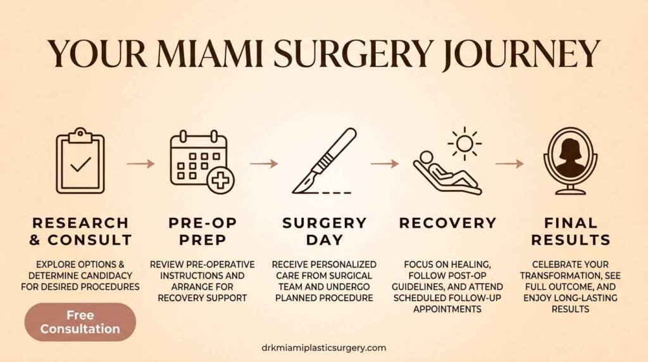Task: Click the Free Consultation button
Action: tap(80, 322)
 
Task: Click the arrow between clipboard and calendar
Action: tap(140, 163)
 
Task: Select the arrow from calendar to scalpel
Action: tap(263, 163)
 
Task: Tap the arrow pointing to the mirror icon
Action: tap(509, 163)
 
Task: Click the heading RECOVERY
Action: tap(447, 223)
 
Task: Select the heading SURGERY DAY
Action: tap(324, 232)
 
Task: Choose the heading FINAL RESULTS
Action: tap(570, 232)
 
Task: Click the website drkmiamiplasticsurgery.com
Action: tap(323, 347)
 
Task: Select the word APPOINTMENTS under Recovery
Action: tap(447, 309)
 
